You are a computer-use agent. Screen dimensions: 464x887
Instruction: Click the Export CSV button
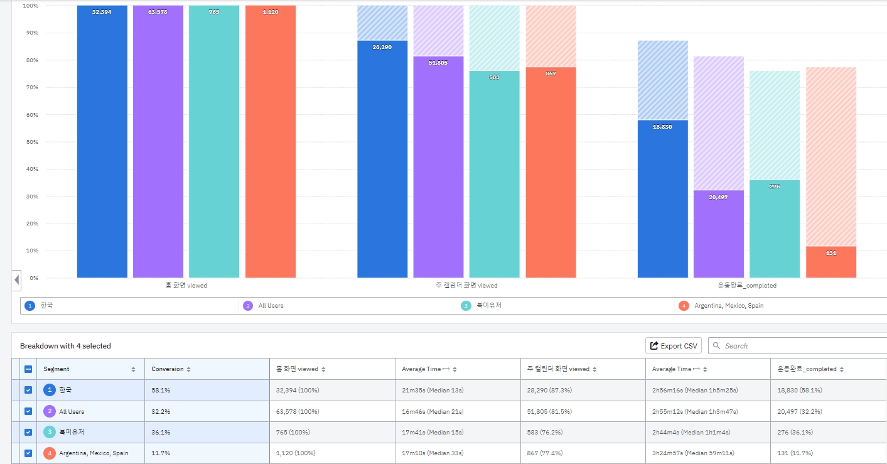(674, 346)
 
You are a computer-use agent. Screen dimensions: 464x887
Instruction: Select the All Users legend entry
(271, 306)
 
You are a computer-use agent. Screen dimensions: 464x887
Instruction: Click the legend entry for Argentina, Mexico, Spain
(728, 306)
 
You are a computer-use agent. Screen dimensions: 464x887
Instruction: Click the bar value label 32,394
(102, 12)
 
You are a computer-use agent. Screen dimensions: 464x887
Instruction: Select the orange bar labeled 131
(831, 262)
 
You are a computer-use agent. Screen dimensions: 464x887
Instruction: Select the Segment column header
(56, 369)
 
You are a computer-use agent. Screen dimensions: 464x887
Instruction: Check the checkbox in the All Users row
(28, 411)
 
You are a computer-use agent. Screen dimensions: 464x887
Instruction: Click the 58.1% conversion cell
(161, 391)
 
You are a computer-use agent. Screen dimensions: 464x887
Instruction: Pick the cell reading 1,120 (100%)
(296, 453)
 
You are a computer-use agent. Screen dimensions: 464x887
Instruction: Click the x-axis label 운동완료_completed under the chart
(747, 286)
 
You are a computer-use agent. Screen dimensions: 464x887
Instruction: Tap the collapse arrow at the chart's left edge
(17, 279)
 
